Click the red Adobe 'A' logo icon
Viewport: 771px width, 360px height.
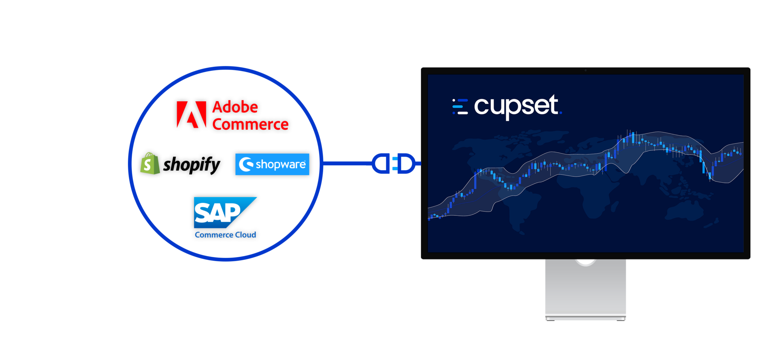(x=191, y=114)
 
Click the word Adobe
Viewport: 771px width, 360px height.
(x=235, y=107)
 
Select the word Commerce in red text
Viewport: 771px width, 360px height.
(x=250, y=125)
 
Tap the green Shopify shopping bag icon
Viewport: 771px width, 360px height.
(x=149, y=164)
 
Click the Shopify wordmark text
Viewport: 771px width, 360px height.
(x=193, y=165)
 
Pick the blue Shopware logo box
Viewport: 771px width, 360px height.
(x=272, y=164)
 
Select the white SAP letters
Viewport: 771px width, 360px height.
(x=217, y=213)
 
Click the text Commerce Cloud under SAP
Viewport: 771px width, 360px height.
(x=225, y=235)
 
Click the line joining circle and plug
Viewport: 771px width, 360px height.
(x=346, y=163)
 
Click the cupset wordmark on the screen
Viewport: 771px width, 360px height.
(x=516, y=106)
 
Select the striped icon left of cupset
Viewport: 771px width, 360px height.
(x=460, y=107)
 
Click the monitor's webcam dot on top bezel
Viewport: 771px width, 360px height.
(x=585, y=70)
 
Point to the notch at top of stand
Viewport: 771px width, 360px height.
(x=585, y=262)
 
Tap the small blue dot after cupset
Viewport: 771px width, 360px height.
(x=561, y=113)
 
